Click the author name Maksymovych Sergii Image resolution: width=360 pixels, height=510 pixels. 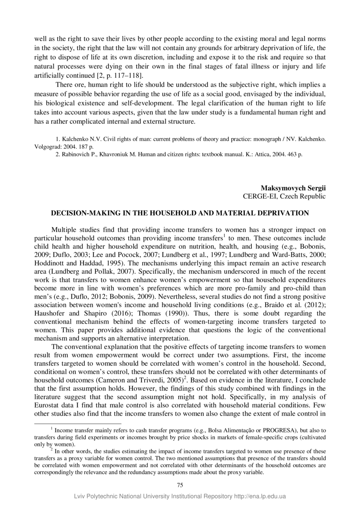[293, 188]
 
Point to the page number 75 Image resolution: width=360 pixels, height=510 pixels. [180, 485]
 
